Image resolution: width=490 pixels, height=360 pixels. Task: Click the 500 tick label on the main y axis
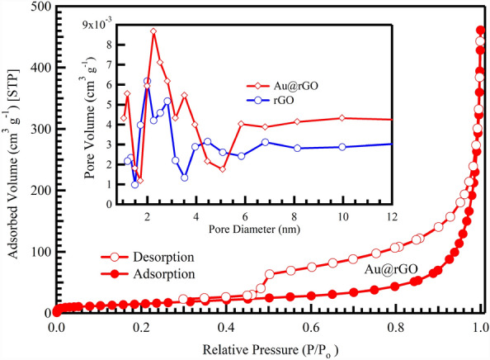pos(35,7)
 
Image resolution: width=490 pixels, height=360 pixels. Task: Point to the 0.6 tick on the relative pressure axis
pos(311,326)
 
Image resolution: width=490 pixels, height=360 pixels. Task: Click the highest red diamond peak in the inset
pos(153,31)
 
